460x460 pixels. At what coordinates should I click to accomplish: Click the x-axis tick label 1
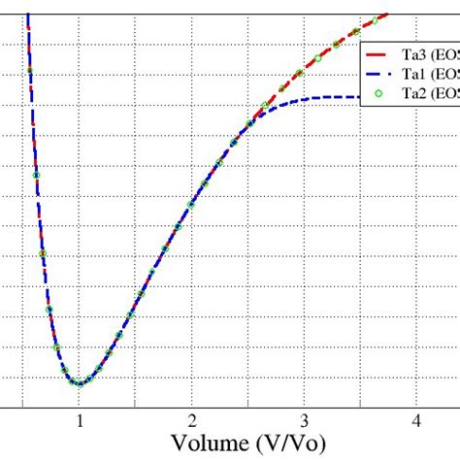81,420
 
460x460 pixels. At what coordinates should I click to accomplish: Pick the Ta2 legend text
418,94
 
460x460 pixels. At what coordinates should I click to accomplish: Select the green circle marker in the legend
379,94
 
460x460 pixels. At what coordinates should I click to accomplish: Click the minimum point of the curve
80,383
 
